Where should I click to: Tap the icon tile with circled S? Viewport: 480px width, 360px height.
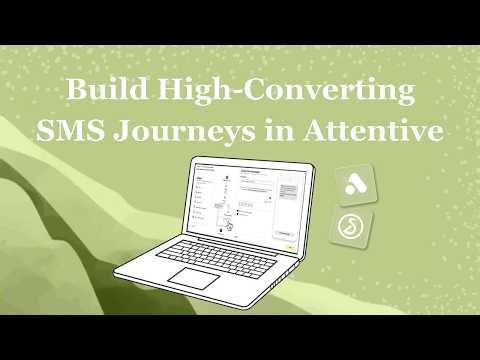(x=353, y=229)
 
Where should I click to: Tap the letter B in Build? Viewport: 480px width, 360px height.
(x=74, y=91)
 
